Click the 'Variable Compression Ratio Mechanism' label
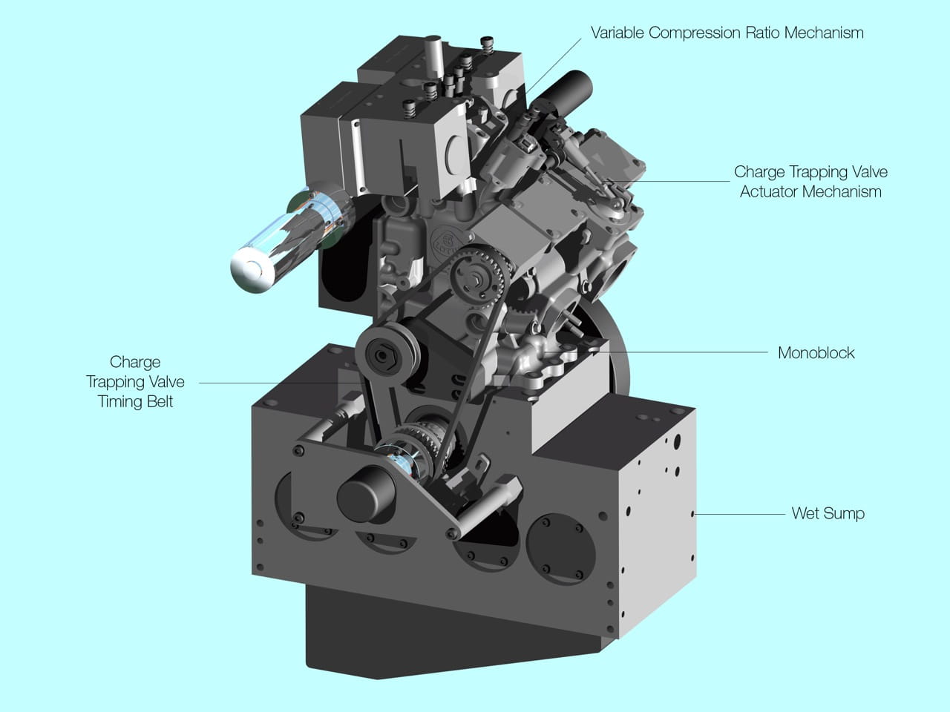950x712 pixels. point(727,33)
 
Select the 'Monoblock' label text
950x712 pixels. point(816,353)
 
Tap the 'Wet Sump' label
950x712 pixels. point(828,513)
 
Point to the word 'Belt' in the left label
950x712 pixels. point(158,401)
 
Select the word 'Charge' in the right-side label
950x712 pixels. point(759,172)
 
